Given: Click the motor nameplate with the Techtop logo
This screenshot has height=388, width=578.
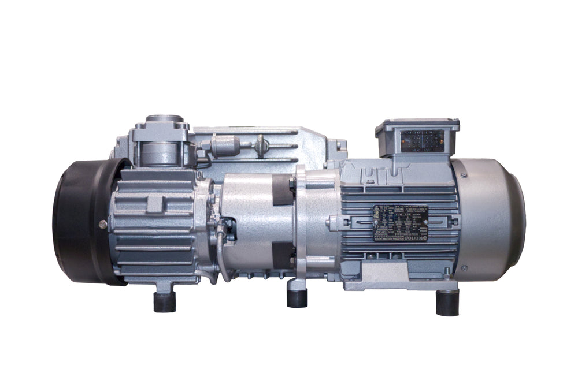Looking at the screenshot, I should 400,222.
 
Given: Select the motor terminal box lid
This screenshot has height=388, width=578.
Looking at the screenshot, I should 417,124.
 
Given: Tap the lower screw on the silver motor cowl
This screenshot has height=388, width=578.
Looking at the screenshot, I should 463,267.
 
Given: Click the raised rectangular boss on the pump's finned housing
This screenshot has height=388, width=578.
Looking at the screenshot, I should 154,203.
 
